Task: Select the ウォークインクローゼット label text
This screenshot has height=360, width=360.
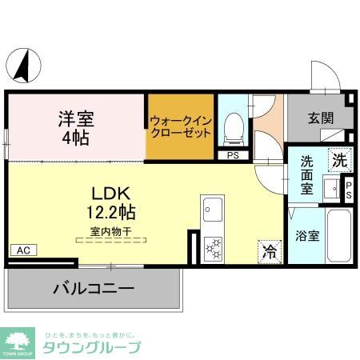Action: tap(180, 126)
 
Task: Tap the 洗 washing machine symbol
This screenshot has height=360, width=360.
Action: tap(341, 158)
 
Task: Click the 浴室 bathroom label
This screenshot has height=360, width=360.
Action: tap(308, 236)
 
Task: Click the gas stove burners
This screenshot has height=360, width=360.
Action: tap(214, 249)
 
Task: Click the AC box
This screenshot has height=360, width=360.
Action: tap(23, 250)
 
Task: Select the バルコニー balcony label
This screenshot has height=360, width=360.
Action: tap(94, 288)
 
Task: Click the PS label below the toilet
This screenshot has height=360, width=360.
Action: tap(233, 155)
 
